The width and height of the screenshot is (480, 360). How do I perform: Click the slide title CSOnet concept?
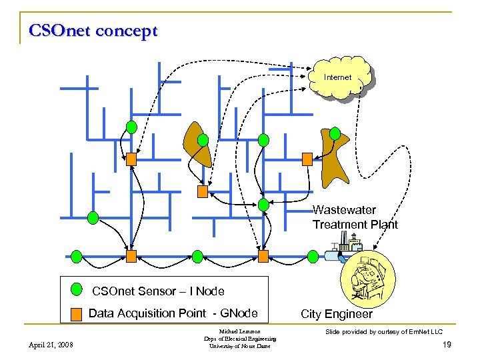tap(93, 31)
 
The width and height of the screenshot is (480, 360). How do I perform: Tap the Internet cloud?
tap(338, 79)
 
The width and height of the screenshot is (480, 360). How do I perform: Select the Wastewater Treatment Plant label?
tap(355, 217)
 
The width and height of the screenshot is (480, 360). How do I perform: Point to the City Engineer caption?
tap(337, 314)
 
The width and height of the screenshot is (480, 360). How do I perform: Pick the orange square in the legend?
tap(77, 313)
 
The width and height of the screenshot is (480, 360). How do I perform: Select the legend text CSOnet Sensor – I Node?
tap(158, 291)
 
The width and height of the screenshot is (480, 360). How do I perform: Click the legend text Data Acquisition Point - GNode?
tap(173, 313)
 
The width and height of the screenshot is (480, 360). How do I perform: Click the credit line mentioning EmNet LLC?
tap(383, 331)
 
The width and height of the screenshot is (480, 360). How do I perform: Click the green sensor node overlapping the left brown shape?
tap(202, 139)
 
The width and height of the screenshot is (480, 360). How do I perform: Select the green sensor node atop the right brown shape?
tap(335, 133)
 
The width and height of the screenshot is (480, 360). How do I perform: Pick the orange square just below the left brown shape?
tap(203, 191)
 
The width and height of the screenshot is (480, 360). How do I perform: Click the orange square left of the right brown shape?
tap(307, 159)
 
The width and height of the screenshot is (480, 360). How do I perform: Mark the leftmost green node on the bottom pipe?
tap(77, 256)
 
